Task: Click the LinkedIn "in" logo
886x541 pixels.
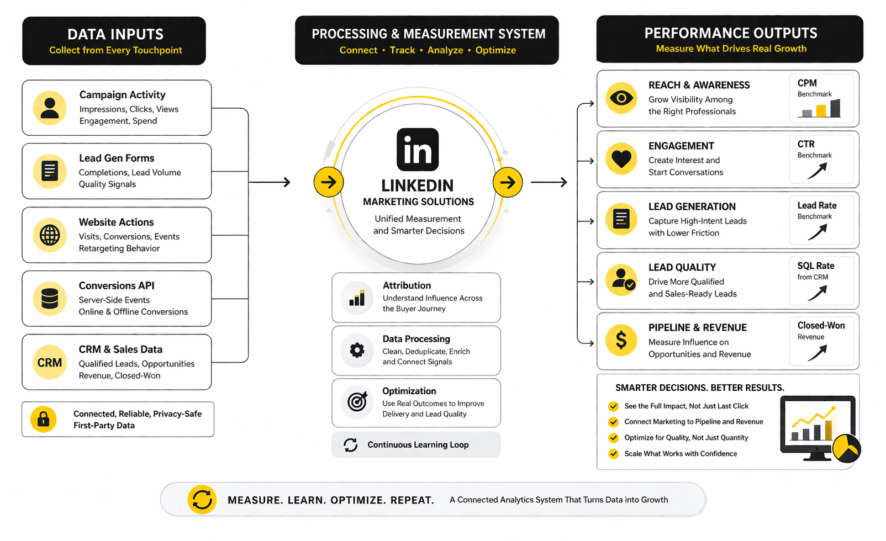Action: pyautogui.click(x=418, y=150)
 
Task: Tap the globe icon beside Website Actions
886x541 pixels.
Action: pyautogui.click(x=50, y=235)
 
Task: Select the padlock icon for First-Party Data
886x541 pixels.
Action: pyautogui.click(x=43, y=419)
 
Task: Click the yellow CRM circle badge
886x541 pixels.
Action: pyautogui.click(x=50, y=362)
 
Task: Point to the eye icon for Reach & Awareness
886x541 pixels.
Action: pyautogui.click(x=621, y=98)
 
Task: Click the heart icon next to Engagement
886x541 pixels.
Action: pyautogui.click(x=621, y=159)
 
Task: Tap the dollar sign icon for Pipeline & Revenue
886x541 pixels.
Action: pyautogui.click(x=621, y=340)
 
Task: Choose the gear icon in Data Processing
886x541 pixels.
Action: pyautogui.click(x=357, y=350)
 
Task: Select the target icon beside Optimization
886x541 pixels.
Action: pyautogui.click(x=357, y=402)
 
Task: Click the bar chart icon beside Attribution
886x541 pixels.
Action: pyautogui.click(x=357, y=298)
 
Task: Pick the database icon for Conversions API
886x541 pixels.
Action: pyautogui.click(x=50, y=299)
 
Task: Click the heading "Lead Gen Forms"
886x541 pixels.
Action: pyautogui.click(x=117, y=158)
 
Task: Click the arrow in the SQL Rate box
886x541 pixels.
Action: pyautogui.click(x=818, y=293)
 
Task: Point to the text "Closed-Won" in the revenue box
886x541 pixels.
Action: pyautogui.click(x=821, y=326)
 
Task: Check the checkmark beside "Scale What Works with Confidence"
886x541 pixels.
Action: pyautogui.click(x=613, y=454)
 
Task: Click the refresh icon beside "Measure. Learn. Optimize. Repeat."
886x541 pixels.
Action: pyautogui.click(x=202, y=500)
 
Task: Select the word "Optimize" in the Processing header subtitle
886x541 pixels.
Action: pyautogui.click(x=495, y=50)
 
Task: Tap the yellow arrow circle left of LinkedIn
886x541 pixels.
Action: pyautogui.click(x=329, y=182)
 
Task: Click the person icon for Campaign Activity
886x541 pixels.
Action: pyautogui.click(x=50, y=108)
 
